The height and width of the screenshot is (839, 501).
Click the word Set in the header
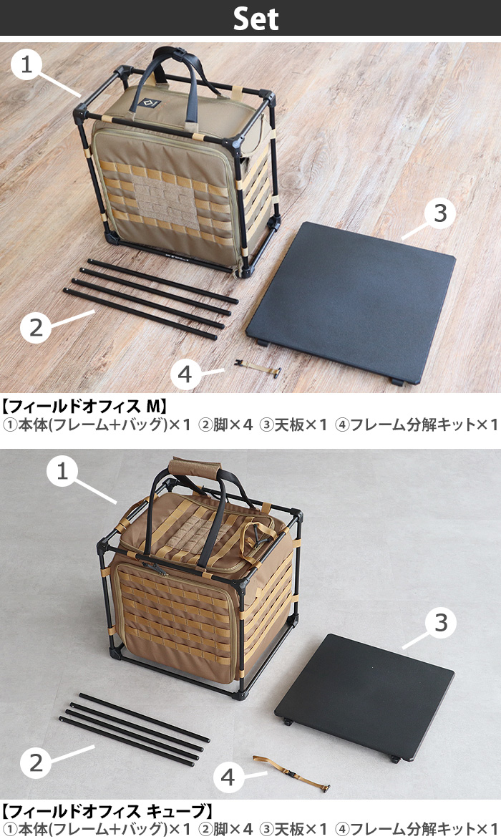pyautogui.click(x=256, y=19)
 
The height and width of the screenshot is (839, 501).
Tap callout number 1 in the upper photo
pyautogui.click(x=27, y=65)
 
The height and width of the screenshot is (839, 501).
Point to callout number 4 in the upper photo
pyautogui.click(x=185, y=374)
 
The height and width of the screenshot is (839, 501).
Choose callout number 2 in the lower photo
pyautogui.click(x=36, y=763)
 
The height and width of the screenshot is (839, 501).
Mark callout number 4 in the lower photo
pyautogui.click(x=228, y=777)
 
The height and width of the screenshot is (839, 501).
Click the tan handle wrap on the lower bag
pyautogui.click(x=191, y=465)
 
